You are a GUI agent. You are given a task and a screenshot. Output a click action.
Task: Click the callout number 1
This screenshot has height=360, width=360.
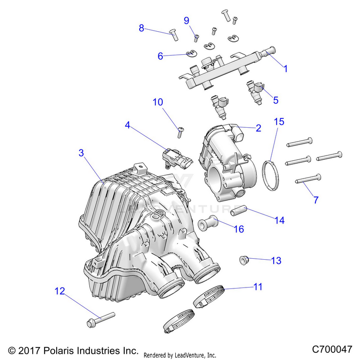(x=286, y=69)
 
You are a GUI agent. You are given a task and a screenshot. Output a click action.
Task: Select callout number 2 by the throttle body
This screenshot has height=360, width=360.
(x=258, y=128)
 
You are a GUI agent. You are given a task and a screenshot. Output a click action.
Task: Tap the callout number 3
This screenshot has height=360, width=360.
(x=81, y=153)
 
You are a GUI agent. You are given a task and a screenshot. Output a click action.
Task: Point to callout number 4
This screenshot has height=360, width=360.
(x=127, y=125)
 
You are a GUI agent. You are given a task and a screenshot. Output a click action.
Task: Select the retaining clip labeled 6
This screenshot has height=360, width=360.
(x=192, y=53)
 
